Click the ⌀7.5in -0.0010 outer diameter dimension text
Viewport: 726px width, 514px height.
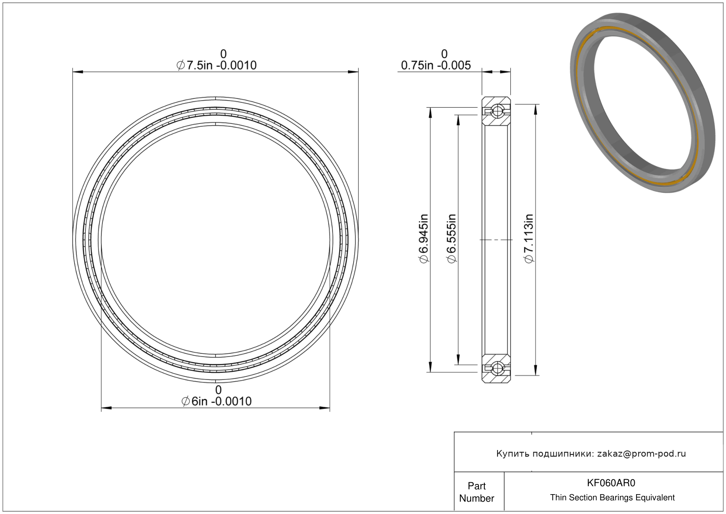point(216,65)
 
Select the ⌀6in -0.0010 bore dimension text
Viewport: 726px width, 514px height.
point(216,401)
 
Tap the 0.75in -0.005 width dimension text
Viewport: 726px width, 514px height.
point(436,65)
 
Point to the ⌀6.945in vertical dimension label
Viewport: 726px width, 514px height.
point(423,238)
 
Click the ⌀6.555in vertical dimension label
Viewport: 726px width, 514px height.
point(451,238)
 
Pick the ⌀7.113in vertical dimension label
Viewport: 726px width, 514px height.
point(528,238)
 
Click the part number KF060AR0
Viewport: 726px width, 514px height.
point(611,483)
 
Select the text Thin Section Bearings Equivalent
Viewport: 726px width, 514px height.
point(612,497)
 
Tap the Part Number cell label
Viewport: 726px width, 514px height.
point(476,492)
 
